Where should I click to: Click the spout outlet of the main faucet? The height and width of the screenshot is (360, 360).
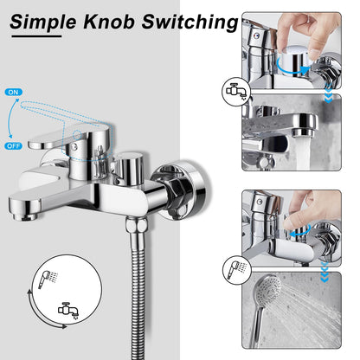pos(24,209)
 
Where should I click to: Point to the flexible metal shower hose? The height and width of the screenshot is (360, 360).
pos(139,294)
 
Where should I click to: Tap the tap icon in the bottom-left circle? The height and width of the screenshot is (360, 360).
pos(66,307)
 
